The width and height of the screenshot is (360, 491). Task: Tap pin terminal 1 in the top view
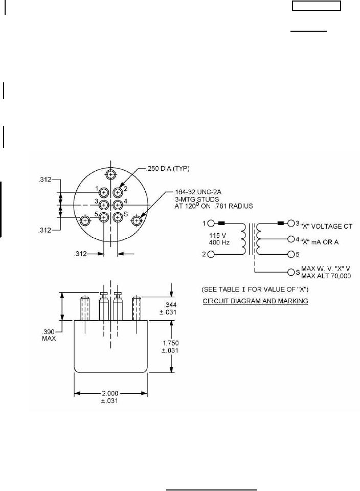point(104,192)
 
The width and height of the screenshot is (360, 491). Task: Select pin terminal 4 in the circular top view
point(118,205)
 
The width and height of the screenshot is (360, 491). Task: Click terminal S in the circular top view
point(118,218)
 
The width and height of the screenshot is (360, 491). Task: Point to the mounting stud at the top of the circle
point(111,174)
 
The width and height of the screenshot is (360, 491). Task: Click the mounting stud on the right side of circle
point(137,220)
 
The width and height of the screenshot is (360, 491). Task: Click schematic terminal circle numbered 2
point(211,254)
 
